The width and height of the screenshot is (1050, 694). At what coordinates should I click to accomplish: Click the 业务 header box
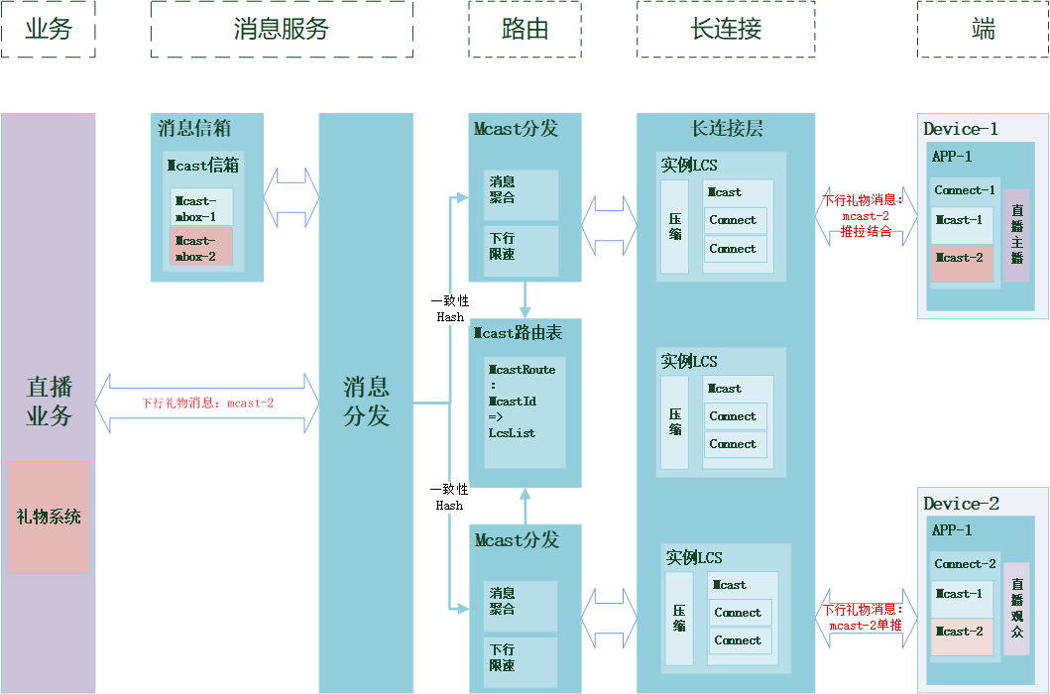pos(48,29)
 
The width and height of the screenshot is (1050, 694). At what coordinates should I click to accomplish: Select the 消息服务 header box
pos(282,29)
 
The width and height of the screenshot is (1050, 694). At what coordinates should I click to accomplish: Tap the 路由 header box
pos(525,29)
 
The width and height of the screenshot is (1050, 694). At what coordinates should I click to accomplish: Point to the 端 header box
pos(983,29)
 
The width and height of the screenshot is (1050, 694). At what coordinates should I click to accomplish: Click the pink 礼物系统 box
pos(48,517)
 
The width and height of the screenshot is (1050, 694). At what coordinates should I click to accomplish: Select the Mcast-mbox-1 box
pos(200,207)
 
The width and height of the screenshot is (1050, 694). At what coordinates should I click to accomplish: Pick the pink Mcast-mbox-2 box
pos(200,247)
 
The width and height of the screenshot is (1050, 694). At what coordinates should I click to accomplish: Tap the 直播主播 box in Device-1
pos(1016,235)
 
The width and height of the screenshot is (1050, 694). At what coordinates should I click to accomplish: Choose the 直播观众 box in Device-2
pos(1016,609)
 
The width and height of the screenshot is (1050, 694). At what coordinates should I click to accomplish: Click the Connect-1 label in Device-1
pos(964,190)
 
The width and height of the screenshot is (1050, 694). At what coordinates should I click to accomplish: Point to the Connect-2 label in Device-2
pos(964,564)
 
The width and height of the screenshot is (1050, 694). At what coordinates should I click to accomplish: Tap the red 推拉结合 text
pos(866,231)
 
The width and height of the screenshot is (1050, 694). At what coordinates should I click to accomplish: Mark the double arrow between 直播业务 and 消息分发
pos(207,403)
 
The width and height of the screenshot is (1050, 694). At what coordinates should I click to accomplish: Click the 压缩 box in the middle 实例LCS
pos(675,421)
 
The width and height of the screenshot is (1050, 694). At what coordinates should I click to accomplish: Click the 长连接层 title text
pos(726,129)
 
